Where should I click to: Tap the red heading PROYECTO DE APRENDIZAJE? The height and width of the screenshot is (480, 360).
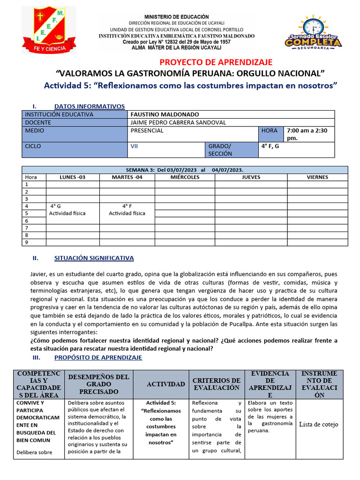tap(216, 62)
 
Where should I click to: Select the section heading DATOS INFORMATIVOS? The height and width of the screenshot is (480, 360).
tap(89, 106)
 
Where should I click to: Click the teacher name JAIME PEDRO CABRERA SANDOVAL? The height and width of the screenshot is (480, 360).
tap(178, 122)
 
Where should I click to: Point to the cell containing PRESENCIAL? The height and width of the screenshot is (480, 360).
tap(147, 131)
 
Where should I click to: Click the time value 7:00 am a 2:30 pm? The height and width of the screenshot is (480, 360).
tap(309, 134)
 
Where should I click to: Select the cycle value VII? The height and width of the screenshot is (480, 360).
tap(135, 146)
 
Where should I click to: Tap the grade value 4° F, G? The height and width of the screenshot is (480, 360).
tap(270, 146)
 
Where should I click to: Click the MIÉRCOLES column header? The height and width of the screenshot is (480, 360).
tap(185, 177)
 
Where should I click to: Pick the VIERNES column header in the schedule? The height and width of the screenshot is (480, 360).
tap(317, 177)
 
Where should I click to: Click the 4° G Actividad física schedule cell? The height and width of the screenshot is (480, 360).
tap(67, 210)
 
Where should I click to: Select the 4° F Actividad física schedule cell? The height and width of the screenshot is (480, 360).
tap(127, 210)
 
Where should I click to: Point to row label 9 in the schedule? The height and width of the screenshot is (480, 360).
tap(27, 242)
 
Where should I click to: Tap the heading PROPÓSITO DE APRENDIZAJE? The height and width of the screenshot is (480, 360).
tap(98, 357)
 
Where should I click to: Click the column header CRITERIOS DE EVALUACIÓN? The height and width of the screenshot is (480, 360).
tap(216, 384)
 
